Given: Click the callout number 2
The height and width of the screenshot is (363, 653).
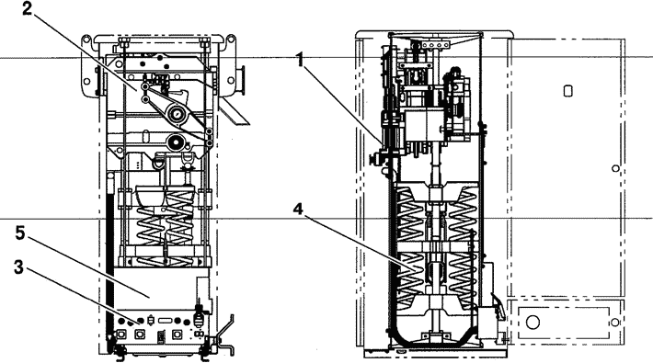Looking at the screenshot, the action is [x=27, y=9].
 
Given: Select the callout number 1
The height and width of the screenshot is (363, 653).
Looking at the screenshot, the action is [x=300, y=60].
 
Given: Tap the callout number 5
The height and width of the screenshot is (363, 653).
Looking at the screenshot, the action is [x=20, y=233].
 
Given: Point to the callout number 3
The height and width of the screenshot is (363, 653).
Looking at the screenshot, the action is [x=18, y=267].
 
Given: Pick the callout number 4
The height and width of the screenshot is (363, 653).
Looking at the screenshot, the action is [x=298, y=210].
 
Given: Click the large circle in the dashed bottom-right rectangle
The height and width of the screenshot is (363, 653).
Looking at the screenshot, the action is [x=533, y=322].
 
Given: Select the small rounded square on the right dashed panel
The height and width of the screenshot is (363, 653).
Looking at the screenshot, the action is [x=567, y=91].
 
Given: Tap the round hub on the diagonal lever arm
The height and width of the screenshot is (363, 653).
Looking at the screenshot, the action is [x=177, y=113].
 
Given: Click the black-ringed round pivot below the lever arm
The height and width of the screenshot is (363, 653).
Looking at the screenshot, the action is [x=176, y=142].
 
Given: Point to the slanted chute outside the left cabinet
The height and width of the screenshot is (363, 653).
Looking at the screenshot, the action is [x=234, y=112].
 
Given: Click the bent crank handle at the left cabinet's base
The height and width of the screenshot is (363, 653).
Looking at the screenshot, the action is [x=225, y=335].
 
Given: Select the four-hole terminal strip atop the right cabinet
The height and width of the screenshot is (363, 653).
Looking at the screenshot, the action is [x=435, y=44].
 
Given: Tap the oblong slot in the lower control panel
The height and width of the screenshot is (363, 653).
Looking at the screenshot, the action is [x=166, y=321].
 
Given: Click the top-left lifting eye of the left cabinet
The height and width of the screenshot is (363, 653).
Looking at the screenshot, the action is [x=86, y=40].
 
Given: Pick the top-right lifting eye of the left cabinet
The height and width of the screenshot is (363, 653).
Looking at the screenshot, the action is [x=230, y=40].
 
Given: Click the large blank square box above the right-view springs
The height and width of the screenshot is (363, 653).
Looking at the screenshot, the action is [x=426, y=125].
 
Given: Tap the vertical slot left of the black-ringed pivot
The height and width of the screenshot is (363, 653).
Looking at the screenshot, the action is [x=144, y=137].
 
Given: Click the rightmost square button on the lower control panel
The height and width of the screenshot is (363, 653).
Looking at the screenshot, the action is [x=177, y=334].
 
